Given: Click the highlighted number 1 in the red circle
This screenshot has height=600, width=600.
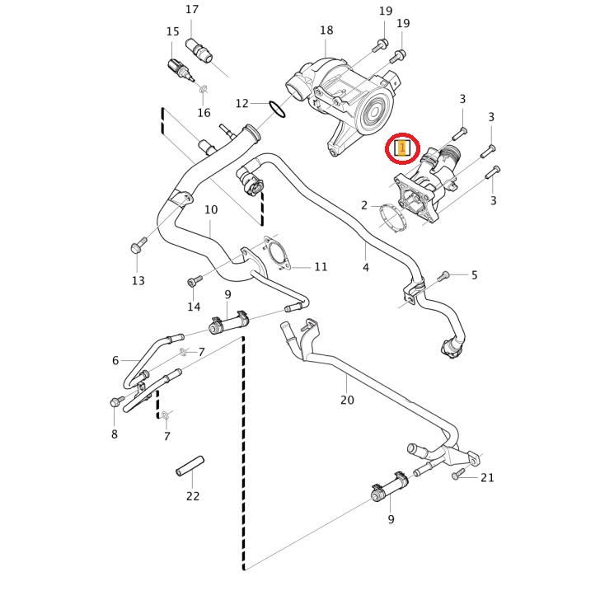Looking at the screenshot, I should point(402,148).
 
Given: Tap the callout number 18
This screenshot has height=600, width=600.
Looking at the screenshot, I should point(326,30).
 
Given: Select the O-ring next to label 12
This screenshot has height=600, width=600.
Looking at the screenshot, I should point(277,107).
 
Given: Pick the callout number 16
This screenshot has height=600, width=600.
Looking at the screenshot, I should point(204,113).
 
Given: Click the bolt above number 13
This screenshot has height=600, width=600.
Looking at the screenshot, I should point(138,246).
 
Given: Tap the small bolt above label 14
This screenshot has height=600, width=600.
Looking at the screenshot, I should point(194,281).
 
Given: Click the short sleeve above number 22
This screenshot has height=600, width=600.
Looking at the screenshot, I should point(189,466).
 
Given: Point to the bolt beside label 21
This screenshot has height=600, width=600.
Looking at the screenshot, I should point(458,476).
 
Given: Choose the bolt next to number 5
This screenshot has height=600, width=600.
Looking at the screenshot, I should point(444,275).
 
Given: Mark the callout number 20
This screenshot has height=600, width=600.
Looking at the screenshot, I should point(347,400).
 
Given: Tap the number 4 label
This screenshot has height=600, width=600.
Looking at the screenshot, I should point(366,267).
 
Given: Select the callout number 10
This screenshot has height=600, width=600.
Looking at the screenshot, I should point(211,209).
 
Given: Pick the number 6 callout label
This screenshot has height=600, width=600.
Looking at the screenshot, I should point(115,360).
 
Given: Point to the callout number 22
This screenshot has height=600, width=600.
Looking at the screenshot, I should point(193,496).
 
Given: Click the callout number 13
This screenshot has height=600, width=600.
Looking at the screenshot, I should point(138,280).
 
